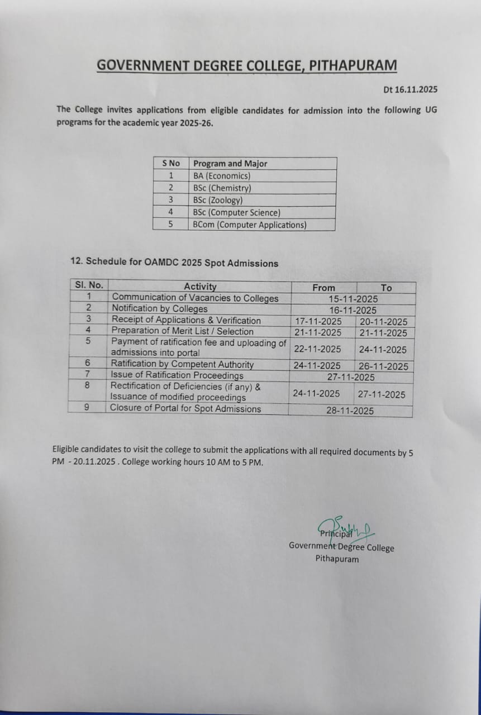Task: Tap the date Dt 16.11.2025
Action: click(410, 89)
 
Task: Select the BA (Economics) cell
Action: click(222, 176)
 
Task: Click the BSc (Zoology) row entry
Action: click(218, 200)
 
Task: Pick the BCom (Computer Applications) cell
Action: click(250, 225)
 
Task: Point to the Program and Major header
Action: click(230, 164)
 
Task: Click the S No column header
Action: click(171, 164)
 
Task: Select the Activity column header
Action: click(200, 287)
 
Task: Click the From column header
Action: click(324, 288)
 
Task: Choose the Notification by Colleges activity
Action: click(159, 309)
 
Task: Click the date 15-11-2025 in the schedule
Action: click(353, 299)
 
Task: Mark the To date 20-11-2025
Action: click(383, 322)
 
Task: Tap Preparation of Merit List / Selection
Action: click(182, 331)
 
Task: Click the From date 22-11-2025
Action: click(317, 349)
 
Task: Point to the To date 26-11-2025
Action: click(383, 367)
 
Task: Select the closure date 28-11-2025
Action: click(350, 411)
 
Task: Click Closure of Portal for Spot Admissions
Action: click(185, 408)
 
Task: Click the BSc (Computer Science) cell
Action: click(236, 212)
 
